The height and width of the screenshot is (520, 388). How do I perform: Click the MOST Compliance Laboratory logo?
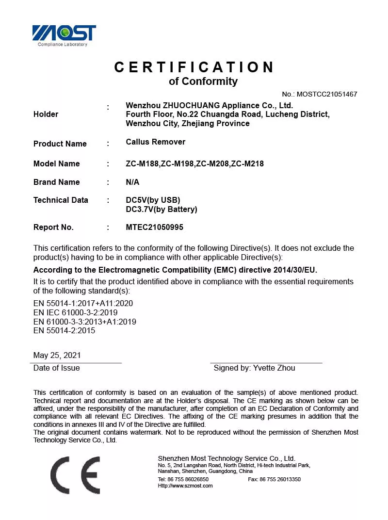pos(64,35)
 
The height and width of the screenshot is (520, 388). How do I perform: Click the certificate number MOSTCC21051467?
pos(327,94)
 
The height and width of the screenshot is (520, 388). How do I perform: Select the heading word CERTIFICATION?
pos(194,67)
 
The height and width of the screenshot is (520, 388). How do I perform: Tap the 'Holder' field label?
pos(46,114)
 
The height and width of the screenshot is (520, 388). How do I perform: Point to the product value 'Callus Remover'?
pos(155,142)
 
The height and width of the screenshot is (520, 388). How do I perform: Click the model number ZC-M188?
pos(142,163)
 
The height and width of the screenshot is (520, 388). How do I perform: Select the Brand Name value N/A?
pos(132,182)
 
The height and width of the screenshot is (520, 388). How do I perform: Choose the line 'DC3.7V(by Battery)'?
pos(161,210)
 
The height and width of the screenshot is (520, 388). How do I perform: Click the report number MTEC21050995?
pos(154,227)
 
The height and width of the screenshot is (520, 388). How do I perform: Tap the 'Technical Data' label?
pos(61,200)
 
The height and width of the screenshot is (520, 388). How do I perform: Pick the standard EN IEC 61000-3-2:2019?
pos(75,312)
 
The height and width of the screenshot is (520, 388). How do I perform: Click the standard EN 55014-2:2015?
pos(64,330)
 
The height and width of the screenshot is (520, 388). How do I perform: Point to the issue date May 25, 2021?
pos(57,355)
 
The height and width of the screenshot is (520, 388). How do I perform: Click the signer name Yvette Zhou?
pos(274,368)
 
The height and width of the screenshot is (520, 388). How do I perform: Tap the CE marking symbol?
pos(75,475)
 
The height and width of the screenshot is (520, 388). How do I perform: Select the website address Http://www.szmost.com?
pos(185,486)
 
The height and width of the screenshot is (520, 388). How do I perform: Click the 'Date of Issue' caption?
pos(56,368)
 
